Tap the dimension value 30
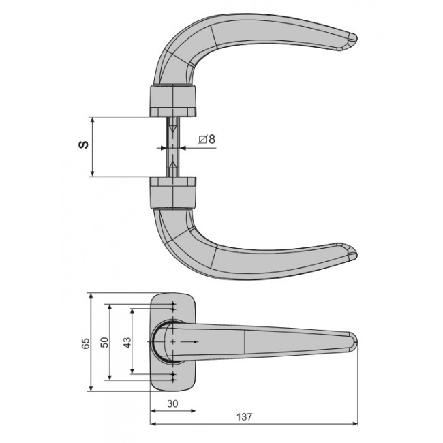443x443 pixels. click(x=173, y=403)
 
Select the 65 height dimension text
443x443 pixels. click(x=85, y=343)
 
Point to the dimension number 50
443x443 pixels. click(x=104, y=343)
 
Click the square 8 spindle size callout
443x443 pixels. click(x=207, y=139)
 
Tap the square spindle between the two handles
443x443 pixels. click(x=173, y=147)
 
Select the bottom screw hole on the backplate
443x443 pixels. click(x=174, y=377)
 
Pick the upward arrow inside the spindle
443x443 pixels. click(x=173, y=165)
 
